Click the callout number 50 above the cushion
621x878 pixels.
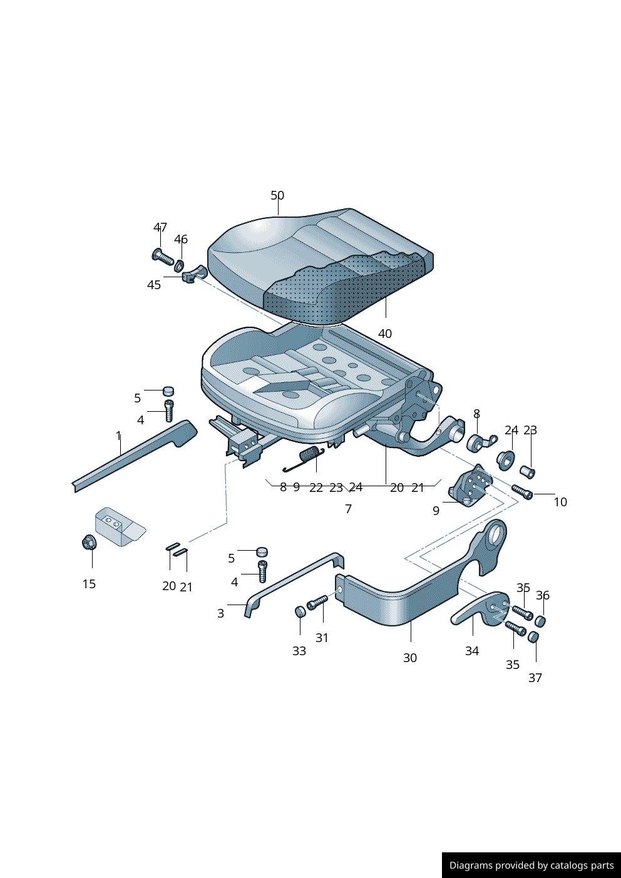click(x=277, y=195)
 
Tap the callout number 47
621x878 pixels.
click(x=160, y=227)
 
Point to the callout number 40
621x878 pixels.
click(x=384, y=334)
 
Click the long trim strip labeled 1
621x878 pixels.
click(x=135, y=456)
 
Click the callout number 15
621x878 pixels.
click(x=89, y=584)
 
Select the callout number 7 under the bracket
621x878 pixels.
click(x=348, y=509)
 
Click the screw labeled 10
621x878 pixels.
click(x=522, y=491)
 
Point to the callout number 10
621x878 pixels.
click(x=560, y=502)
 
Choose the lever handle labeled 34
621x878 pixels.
click(x=480, y=609)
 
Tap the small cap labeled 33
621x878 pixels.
click(x=300, y=611)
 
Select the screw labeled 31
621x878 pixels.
click(x=317, y=603)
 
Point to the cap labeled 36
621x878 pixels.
click(x=541, y=621)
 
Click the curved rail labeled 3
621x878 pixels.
click(x=294, y=583)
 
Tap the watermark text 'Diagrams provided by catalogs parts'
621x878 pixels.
click(x=531, y=865)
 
